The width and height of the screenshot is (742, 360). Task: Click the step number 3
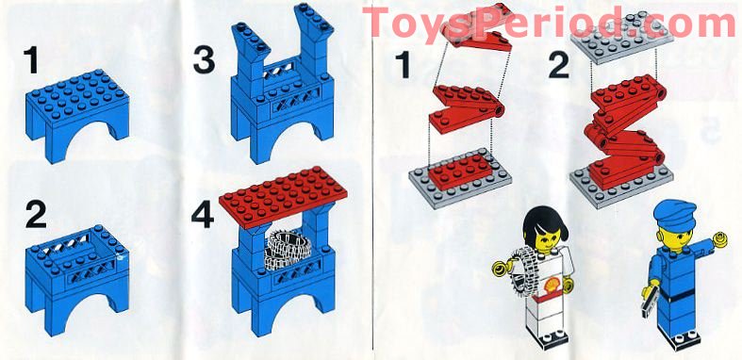point(204,62)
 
